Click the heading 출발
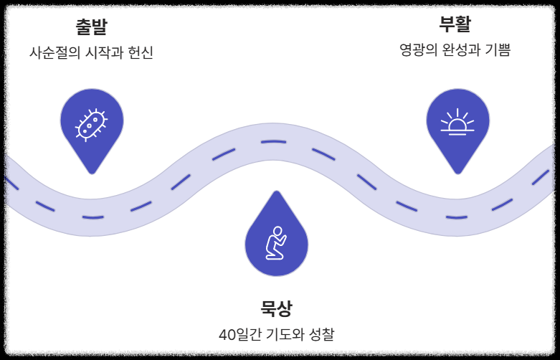[91, 28]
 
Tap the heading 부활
[455, 24]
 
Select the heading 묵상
[276, 309]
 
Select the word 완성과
[465, 50]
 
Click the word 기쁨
[500, 50]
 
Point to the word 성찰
[322, 335]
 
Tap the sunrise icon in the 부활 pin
[457, 123]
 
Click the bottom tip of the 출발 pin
[91, 173]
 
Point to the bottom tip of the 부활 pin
[457, 173]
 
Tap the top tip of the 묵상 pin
[276, 191]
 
